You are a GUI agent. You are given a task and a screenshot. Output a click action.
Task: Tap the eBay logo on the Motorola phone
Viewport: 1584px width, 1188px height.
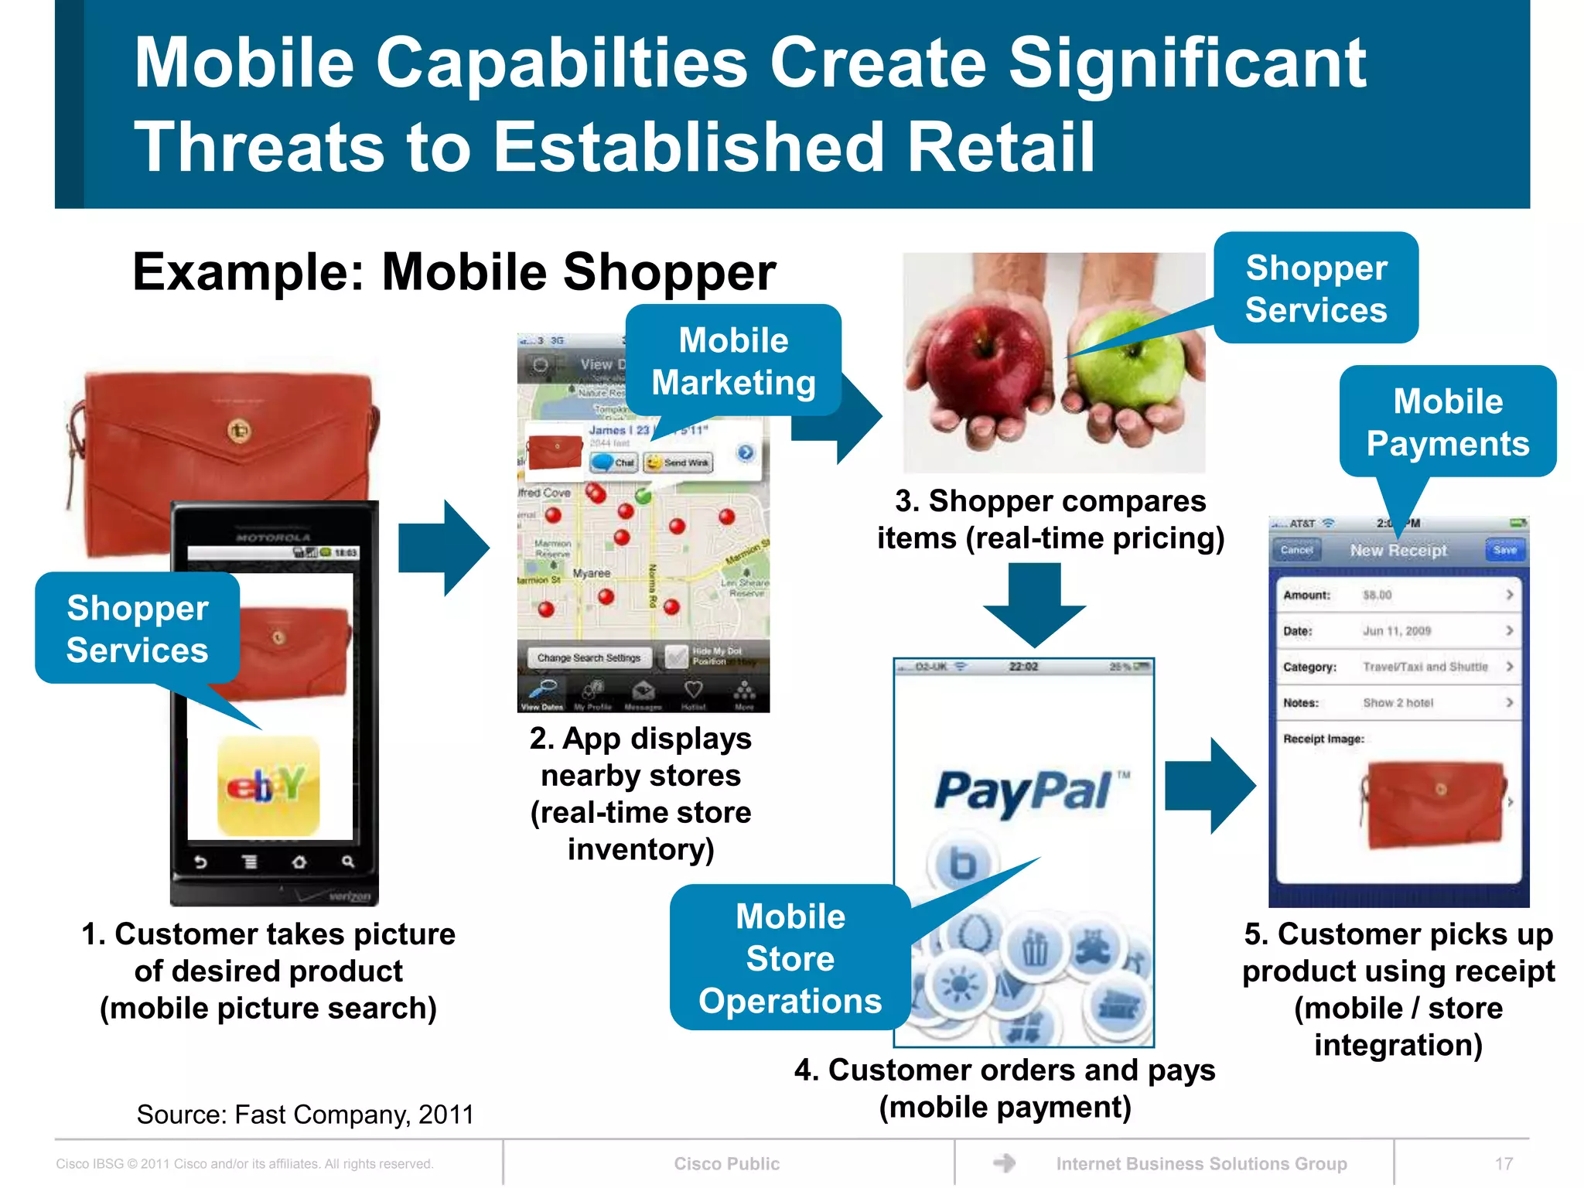268,786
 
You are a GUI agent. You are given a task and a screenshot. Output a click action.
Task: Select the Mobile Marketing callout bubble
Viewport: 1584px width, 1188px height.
733,361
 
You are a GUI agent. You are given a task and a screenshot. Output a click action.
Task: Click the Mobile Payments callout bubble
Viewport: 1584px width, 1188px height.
1447,422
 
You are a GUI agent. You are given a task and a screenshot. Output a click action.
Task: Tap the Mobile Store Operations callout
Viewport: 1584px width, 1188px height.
790,958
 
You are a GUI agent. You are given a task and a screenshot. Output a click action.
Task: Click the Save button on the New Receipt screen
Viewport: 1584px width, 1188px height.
1504,550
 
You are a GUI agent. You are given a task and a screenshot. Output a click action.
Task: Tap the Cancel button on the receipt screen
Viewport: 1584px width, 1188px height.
1296,550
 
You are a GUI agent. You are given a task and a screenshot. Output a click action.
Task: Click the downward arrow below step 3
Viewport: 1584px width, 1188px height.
1034,604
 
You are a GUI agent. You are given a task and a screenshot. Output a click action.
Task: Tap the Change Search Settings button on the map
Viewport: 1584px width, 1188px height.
589,657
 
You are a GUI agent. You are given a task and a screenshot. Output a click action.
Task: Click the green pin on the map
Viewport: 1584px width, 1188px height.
643,496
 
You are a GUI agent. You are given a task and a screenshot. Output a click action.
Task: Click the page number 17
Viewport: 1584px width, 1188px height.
1504,1163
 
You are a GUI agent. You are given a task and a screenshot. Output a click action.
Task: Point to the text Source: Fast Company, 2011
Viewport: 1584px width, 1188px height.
305,1115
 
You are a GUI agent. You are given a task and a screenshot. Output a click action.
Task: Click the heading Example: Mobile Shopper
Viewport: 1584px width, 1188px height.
454,272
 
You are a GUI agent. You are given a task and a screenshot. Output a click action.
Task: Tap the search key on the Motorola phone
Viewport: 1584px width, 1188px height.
347,862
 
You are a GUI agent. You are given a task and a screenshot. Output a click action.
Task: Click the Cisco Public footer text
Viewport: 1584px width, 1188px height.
726,1163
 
